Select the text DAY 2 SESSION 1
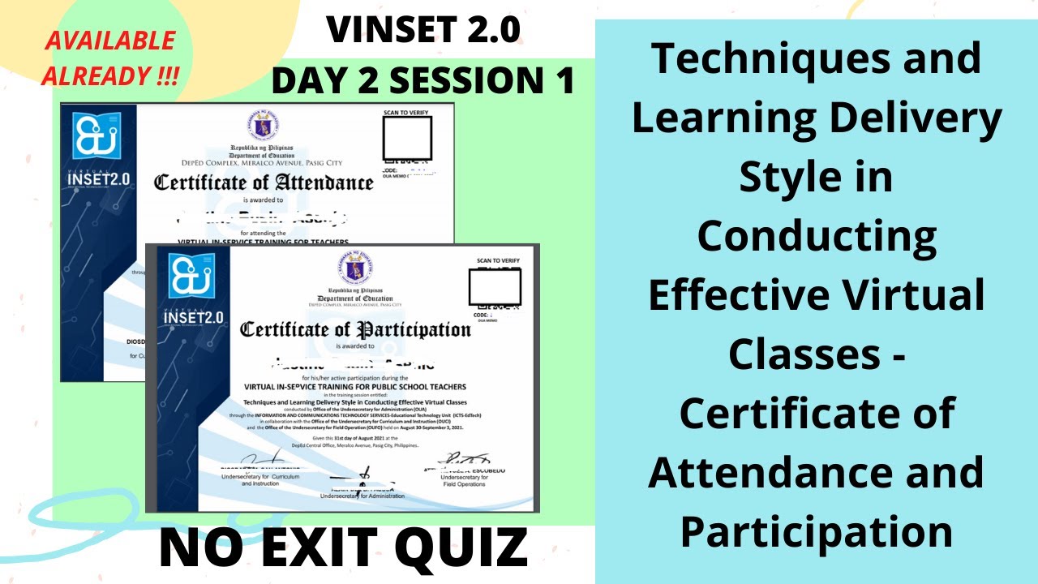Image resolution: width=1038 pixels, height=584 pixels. pos(422,82)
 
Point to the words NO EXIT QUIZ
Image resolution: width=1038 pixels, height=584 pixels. pos(344,547)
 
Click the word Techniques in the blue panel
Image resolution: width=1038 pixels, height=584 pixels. pos(816,61)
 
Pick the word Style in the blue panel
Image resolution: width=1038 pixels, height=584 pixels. pos(816,178)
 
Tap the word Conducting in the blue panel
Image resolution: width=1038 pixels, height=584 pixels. pos(816,237)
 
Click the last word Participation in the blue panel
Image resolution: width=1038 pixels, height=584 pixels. pos(816,531)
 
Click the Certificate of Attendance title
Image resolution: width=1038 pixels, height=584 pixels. pos(264,182)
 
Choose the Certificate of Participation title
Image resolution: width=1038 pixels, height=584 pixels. pos(354,330)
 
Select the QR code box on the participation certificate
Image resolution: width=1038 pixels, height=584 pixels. pos(494,287)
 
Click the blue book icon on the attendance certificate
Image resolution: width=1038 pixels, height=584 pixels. pos(97,135)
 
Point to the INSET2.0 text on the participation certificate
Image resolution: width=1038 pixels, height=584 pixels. pos(193,316)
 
